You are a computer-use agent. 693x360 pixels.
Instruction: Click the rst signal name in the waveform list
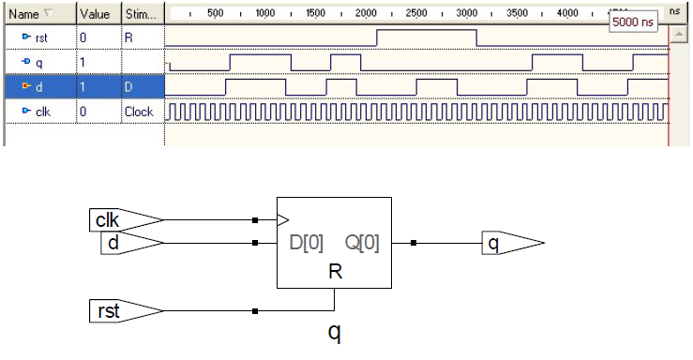pos(42,37)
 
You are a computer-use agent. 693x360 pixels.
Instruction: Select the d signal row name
pos(39,86)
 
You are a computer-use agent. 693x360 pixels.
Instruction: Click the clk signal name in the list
pos(42,111)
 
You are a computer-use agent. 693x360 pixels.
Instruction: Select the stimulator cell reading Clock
pos(138,111)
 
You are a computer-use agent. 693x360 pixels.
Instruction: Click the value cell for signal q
pos(84,62)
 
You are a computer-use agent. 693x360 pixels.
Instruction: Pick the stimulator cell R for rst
pos(128,37)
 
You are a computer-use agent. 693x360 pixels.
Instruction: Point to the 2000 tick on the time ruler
pos(366,15)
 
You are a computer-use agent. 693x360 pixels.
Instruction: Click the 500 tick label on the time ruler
pos(215,15)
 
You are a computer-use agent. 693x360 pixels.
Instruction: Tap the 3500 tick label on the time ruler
pos(517,15)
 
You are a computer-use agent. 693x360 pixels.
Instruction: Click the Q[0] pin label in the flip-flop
pos(362,244)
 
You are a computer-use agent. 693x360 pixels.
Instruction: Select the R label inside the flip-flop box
pos(334,272)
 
